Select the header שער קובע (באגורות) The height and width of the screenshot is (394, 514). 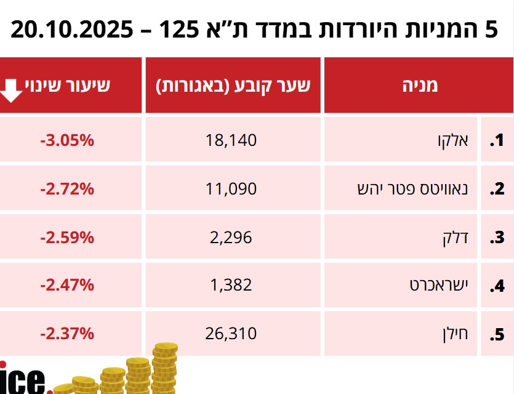click(233, 86)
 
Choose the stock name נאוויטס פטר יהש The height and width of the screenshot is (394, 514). click(413, 189)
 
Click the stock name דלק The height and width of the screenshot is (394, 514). click(456, 237)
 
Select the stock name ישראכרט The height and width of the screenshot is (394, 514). click(439, 285)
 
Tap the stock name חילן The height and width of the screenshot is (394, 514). click(456, 334)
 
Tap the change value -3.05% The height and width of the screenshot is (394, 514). click(67, 141)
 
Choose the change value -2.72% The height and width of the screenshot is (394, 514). click(67, 189)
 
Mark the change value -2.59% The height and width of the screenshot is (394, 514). click(67, 237)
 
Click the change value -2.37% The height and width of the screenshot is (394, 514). click(67, 334)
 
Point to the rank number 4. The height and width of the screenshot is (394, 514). click(496, 286)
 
